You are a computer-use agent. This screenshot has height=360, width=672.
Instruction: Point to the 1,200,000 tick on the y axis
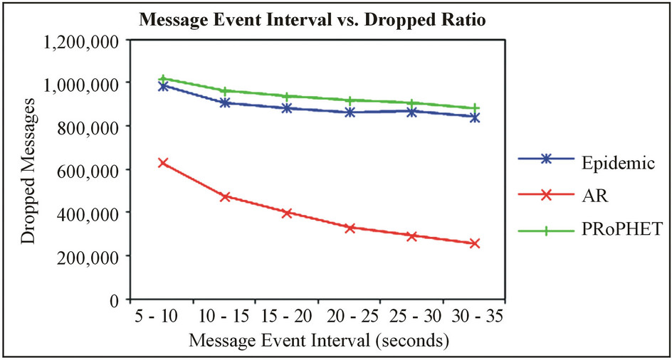[x=79, y=41]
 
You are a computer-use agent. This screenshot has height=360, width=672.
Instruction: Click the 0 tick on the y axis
[x=112, y=300]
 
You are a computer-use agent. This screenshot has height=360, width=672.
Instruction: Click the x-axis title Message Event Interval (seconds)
[x=318, y=341]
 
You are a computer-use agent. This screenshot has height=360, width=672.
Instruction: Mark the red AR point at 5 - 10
[x=163, y=163]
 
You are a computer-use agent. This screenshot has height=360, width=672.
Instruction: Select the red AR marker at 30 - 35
[x=474, y=243]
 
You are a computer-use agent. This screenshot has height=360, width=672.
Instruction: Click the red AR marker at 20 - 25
[x=350, y=228]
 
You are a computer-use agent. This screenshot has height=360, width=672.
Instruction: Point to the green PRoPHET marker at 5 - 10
[x=163, y=79]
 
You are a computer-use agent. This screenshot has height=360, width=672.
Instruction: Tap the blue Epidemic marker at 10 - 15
[x=225, y=102]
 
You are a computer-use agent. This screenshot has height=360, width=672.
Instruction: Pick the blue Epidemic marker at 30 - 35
[x=474, y=117]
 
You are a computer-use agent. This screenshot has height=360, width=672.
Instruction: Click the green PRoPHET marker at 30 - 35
[x=474, y=108]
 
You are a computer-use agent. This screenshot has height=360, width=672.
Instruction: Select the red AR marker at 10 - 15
[x=225, y=196]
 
